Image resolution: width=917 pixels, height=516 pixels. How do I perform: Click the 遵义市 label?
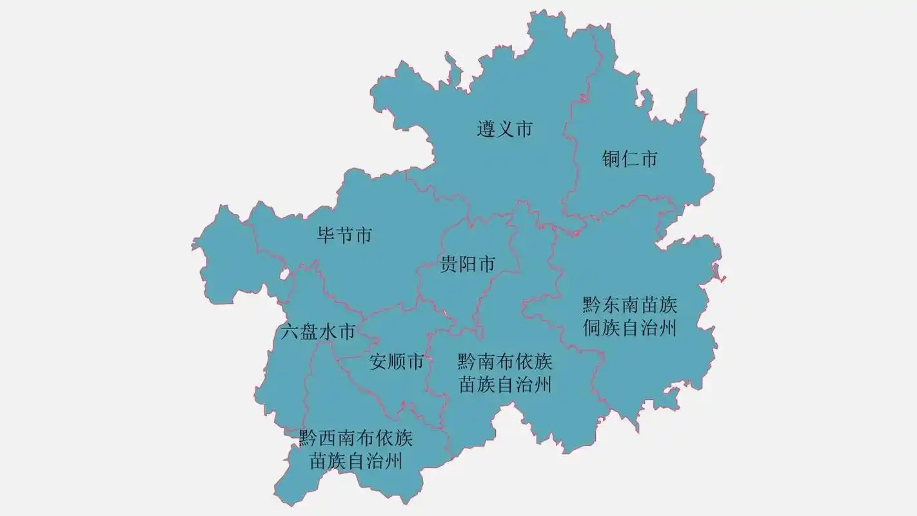pos(505,129)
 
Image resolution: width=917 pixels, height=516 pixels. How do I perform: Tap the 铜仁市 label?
pos(630,159)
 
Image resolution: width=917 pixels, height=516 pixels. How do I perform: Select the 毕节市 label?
pos(345,235)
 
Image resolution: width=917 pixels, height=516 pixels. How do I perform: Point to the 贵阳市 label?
pos(468,264)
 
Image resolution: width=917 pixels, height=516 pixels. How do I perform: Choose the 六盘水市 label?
pos(319,333)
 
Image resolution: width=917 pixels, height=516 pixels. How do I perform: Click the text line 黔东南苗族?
pos(629,304)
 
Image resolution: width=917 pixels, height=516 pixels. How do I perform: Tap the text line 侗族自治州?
pos(629,328)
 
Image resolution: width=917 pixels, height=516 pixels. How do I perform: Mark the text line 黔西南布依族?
pos(355,439)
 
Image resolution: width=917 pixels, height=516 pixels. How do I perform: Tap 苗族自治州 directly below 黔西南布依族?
pos(355,462)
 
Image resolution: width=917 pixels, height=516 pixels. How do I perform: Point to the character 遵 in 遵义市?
pos(486,129)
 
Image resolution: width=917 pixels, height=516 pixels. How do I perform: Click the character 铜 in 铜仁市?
pos(611,159)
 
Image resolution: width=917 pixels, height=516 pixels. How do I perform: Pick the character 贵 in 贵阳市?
pos(449,264)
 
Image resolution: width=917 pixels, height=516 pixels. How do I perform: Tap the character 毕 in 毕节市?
pos(326,235)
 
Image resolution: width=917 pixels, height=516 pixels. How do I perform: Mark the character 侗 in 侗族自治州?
pos(592,328)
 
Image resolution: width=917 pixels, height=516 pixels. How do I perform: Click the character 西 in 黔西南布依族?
pos(327,439)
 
